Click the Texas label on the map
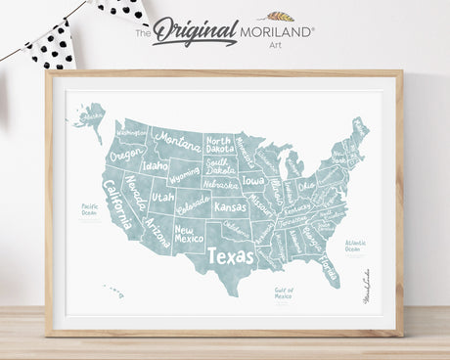230,256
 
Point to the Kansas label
231,207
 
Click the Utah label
162,198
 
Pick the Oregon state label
126,156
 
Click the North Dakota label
218,144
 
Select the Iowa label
252,181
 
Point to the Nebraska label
220,184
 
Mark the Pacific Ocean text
90,208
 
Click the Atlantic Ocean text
355,244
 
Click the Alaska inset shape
90,119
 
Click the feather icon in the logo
281,17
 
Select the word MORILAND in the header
277,32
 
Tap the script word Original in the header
196,29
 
